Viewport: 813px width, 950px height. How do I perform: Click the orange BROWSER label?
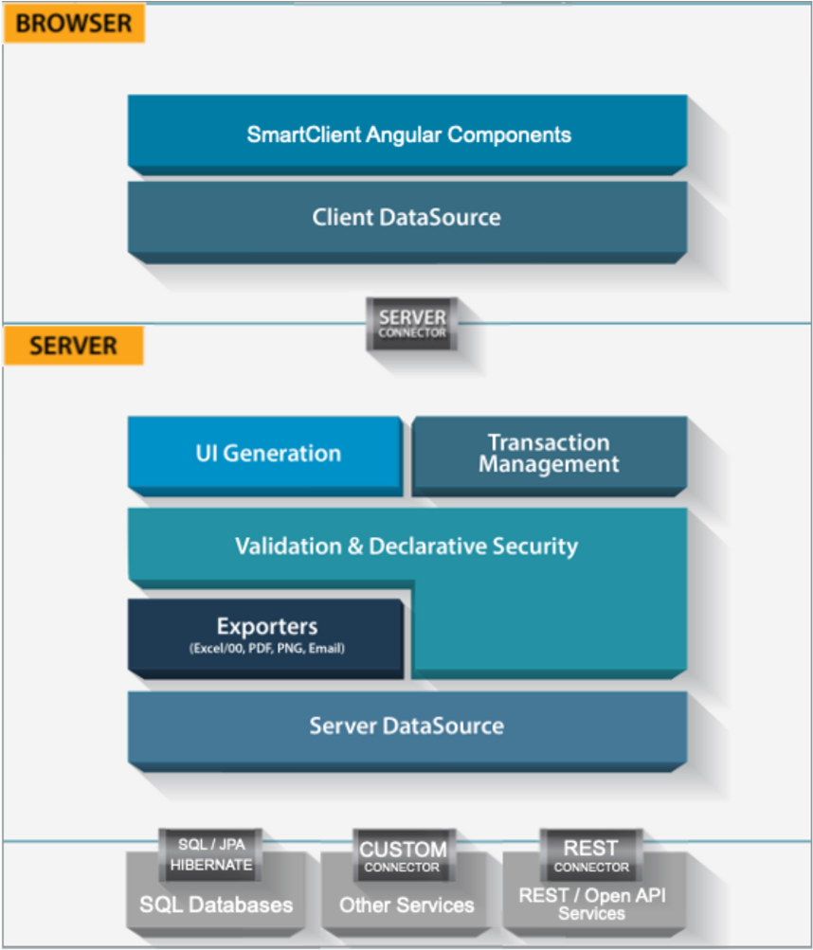click(x=74, y=23)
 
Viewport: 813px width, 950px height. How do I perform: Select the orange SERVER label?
click(x=74, y=346)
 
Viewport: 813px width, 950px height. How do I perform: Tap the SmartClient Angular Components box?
click(x=407, y=134)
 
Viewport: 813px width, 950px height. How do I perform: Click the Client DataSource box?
click(x=407, y=217)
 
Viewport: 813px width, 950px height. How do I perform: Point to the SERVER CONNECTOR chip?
click(x=412, y=323)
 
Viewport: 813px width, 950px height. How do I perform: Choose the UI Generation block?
click(x=268, y=453)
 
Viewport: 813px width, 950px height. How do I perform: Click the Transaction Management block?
click(x=549, y=454)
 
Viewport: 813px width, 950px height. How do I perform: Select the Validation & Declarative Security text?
click(x=406, y=546)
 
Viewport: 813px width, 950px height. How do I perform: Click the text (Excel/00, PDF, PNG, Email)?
click(x=266, y=649)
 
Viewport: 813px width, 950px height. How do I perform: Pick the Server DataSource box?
click(x=406, y=726)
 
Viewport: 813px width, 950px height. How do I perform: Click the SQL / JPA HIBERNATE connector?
click(x=211, y=853)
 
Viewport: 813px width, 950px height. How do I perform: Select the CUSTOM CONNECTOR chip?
click(x=403, y=855)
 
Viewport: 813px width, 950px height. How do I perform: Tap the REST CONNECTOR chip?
click(x=591, y=854)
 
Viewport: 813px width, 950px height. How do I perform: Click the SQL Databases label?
click(x=216, y=905)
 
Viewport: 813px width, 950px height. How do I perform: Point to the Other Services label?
click(x=406, y=905)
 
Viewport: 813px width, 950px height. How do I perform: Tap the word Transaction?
click(x=549, y=442)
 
